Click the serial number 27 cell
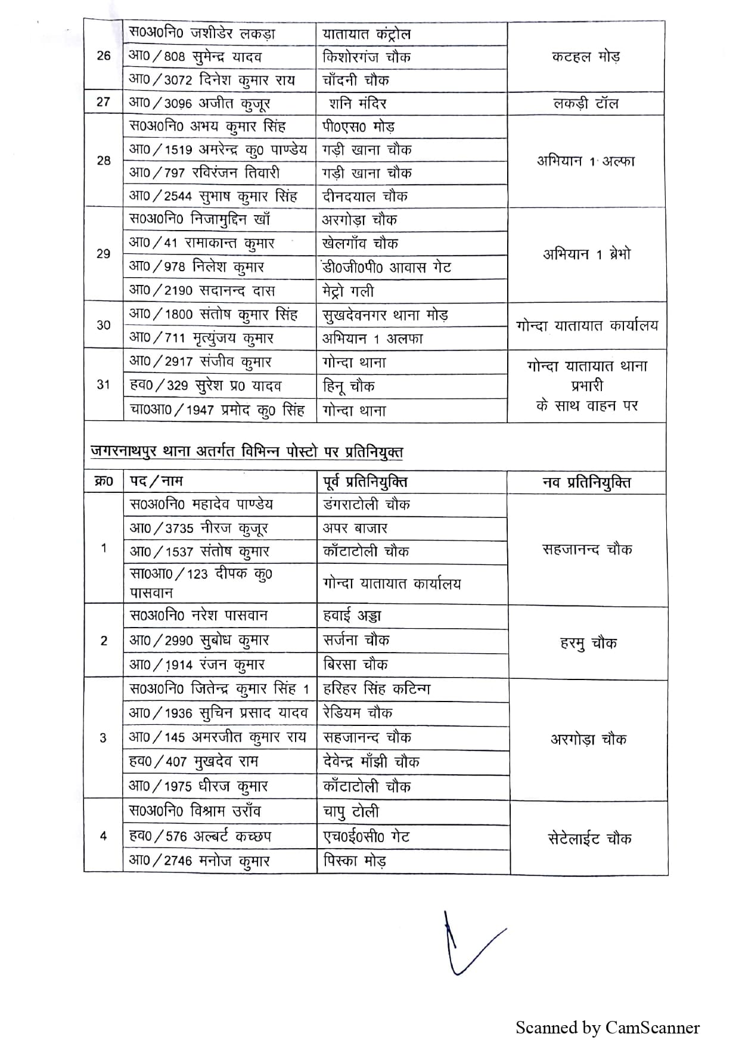point(104,103)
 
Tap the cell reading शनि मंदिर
point(358,104)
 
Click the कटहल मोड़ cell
point(586,57)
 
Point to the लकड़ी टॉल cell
point(586,104)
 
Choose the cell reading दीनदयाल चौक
point(365,196)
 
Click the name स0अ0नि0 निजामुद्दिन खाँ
point(200,219)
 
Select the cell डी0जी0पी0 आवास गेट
point(386,267)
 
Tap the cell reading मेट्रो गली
point(348,291)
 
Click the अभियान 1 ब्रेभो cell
point(586,254)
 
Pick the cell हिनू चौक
point(349,386)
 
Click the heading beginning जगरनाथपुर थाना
point(246,452)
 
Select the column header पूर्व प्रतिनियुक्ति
point(365,482)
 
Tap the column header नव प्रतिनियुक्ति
point(586,482)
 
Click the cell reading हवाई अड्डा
point(352,616)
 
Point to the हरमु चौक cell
point(588,643)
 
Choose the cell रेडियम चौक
point(358,713)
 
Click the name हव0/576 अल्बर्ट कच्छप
point(200,836)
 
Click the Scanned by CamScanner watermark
point(607,1028)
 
